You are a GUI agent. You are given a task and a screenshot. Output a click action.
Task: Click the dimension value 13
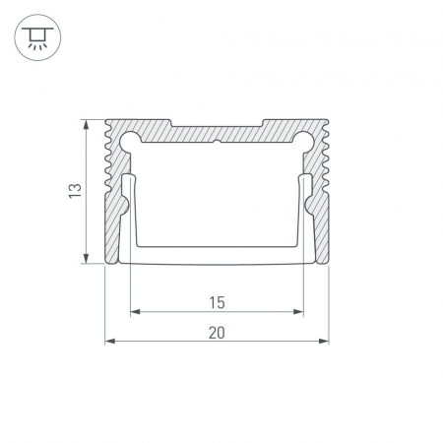75,191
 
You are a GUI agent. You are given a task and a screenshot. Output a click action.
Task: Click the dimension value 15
217,302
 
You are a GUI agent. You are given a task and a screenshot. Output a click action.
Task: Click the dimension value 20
217,333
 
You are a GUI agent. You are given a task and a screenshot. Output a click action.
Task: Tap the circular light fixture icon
37,37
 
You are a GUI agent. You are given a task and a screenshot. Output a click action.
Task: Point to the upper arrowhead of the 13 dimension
86,125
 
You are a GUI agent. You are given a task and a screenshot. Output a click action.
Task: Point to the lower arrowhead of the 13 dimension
86,258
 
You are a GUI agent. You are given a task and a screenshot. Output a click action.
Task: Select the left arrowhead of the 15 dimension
135,311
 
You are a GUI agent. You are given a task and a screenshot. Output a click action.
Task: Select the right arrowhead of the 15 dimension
298,311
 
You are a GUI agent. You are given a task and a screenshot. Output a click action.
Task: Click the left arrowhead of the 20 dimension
110,342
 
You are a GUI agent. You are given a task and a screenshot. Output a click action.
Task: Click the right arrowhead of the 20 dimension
324,342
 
